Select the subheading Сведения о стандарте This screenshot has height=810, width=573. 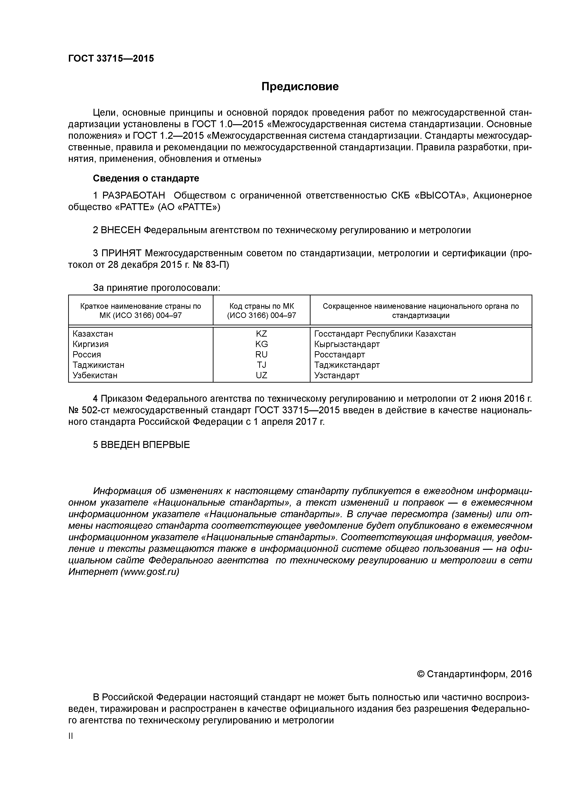[x=146, y=178]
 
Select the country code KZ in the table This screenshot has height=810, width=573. [x=261, y=334]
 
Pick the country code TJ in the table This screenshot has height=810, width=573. [x=261, y=365]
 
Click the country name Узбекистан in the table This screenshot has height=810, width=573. [x=95, y=375]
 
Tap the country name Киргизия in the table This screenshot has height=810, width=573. [x=90, y=344]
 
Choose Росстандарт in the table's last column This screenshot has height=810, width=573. [x=339, y=355]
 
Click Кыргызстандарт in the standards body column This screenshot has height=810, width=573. [x=347, y=344]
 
